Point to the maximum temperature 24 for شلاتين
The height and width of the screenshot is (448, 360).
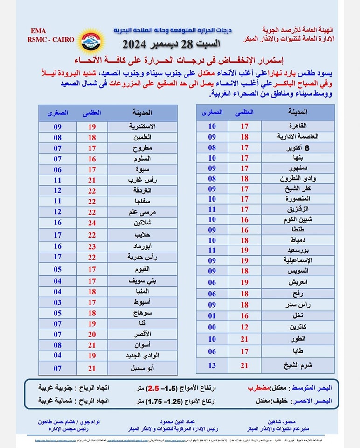[x=92, y=223]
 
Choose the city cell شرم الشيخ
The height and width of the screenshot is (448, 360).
[x=298, y=365]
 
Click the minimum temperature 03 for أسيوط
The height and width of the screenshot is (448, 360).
[x=57, y=302]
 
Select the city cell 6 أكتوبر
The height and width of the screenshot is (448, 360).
[x=298, y=147]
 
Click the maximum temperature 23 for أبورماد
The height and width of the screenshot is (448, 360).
[x=92, y=246]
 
